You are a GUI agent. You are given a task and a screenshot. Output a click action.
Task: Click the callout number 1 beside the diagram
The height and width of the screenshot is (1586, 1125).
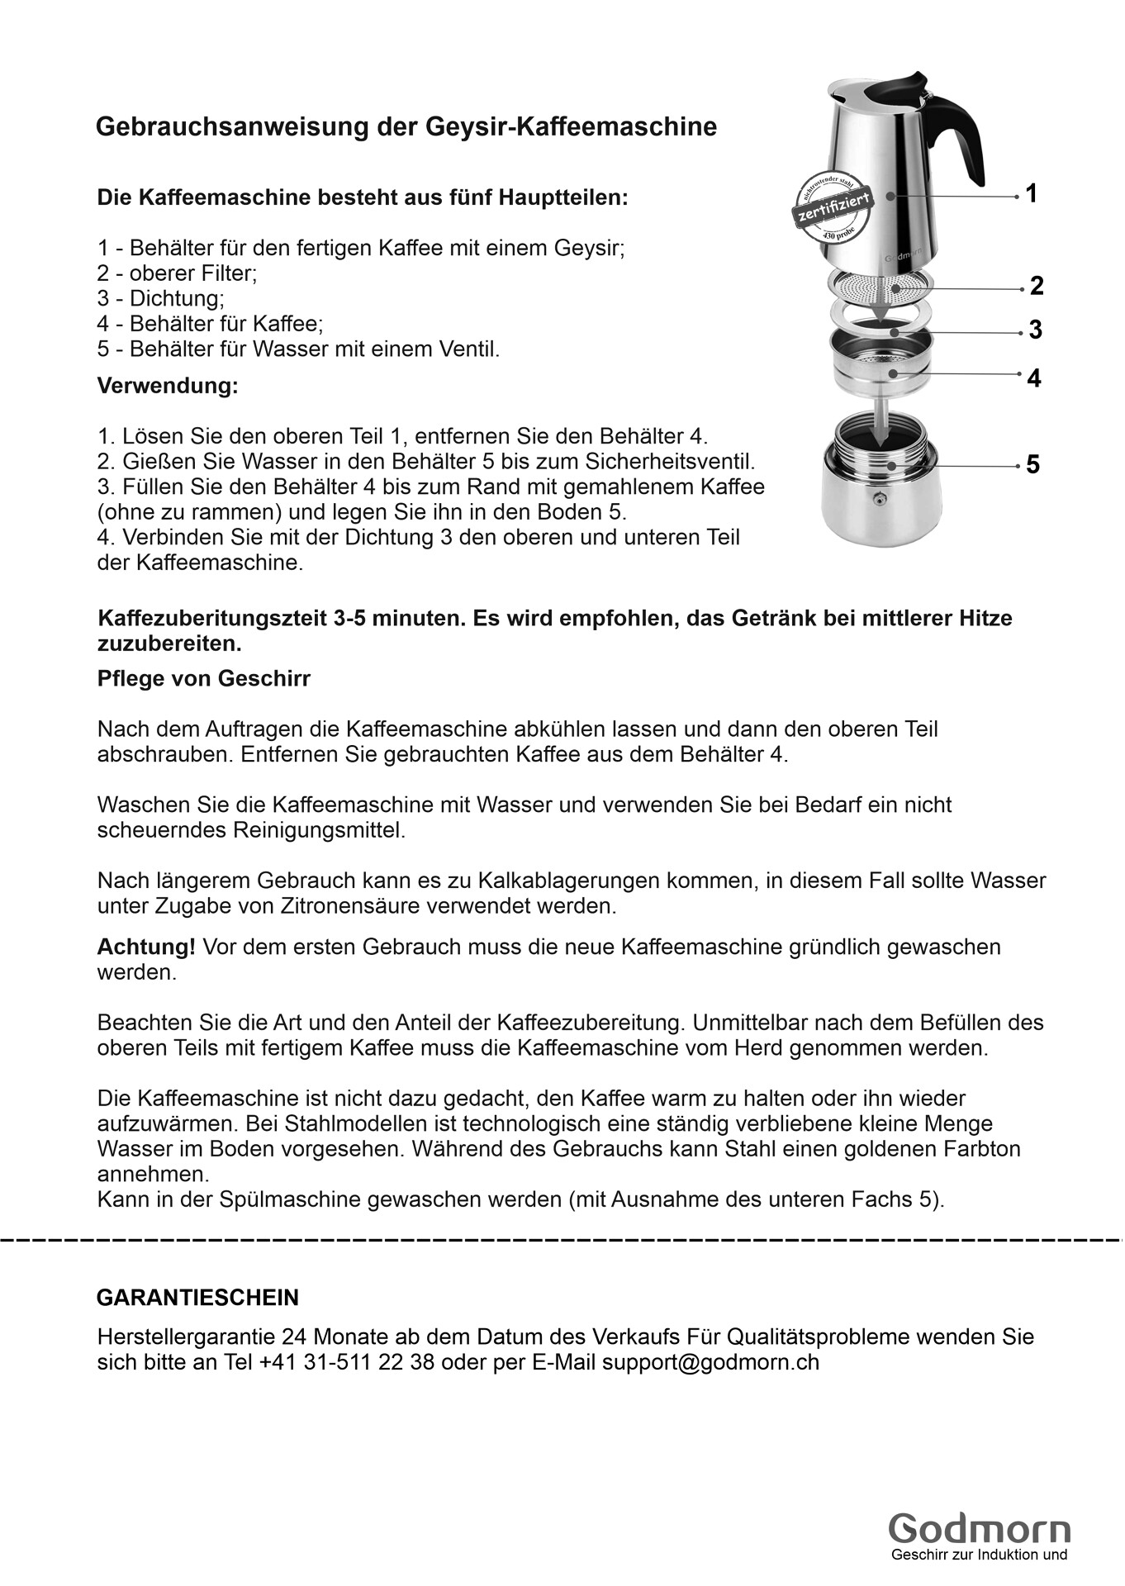coord(1031,193)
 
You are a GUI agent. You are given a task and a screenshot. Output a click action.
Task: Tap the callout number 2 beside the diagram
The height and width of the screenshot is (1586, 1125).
coord(1037,286)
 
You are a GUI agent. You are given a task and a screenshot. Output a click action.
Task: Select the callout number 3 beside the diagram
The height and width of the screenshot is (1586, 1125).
coord(1036,330)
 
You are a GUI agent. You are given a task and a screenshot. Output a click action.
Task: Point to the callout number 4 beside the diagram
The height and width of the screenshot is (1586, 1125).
coord(1034,378)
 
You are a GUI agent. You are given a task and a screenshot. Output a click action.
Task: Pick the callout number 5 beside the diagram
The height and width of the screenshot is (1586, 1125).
coord(1033,464)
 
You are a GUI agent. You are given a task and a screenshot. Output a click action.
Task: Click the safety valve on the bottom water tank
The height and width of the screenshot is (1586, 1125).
coord(880,497)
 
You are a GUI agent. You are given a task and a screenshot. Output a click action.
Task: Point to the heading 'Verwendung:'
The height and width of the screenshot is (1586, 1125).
coord(168,386)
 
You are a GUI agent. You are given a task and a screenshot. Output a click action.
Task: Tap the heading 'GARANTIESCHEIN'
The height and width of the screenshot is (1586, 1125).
coord(197,1297)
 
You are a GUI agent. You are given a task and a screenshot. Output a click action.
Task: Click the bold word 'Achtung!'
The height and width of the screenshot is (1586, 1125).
coord(146,947)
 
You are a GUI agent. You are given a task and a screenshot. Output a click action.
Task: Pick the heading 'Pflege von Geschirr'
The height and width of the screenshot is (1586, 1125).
coord(203,678)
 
